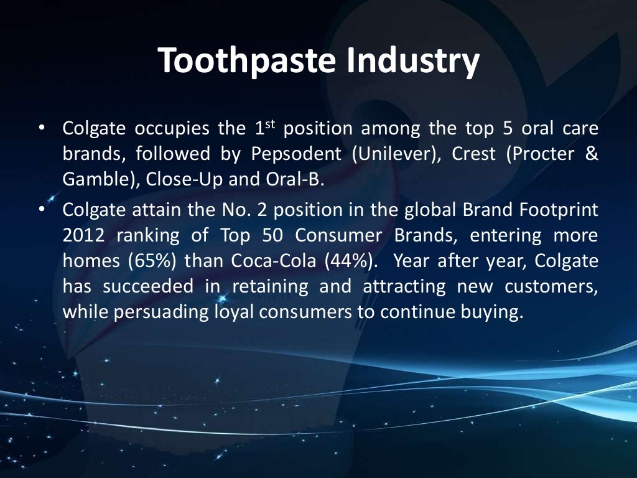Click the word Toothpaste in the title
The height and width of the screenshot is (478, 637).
(247, 61)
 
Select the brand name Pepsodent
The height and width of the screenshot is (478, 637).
(296, 154)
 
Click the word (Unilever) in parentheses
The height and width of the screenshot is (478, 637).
(394, 154)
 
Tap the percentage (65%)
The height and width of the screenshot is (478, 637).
(154, 261)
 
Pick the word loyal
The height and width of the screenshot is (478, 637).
(229, 312)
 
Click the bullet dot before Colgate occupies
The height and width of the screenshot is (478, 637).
(41, 129)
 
